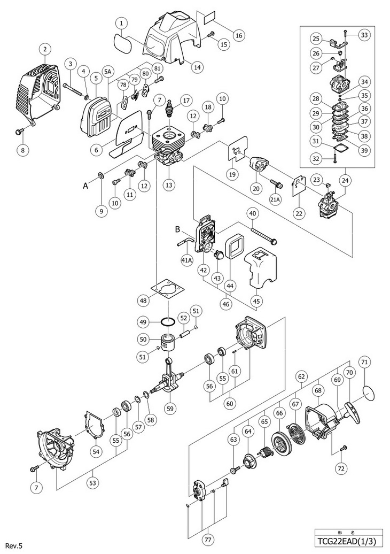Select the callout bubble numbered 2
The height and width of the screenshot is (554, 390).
click(45, 50)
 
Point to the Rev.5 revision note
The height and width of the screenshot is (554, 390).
click(13, 546)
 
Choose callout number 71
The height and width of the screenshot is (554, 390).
click(364, 362)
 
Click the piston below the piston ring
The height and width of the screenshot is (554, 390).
click(169, 343)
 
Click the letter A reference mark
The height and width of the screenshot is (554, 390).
click(85, 186)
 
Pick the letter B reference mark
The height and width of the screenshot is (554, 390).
click(178, 230)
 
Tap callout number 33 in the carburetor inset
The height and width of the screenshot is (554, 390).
click(363, 35)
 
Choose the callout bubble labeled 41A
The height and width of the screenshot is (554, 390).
click(186, 260)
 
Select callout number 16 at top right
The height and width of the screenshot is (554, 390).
click(238, 35)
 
